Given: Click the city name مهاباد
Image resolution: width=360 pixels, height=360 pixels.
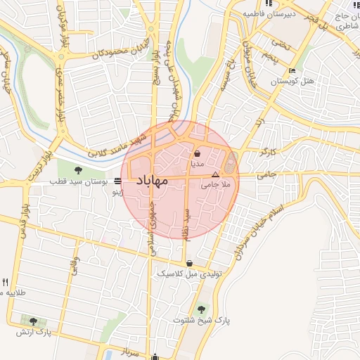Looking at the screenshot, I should click(150, 181).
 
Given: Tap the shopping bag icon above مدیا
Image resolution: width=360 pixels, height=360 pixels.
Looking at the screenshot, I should click(198, 153).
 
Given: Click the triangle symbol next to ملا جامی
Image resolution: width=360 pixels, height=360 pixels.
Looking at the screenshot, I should click(216, 174).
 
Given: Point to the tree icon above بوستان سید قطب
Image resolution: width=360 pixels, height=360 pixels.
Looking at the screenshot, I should click(78, 169).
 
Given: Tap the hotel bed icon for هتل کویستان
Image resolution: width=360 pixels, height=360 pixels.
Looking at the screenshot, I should click(292, 71).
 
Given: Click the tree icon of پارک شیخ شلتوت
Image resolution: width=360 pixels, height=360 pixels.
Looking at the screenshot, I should click(202, 308).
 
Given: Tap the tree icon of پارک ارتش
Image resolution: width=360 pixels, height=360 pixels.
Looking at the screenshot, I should click(32, 321).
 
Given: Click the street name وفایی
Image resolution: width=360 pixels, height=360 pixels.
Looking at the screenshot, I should click(73, 266).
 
